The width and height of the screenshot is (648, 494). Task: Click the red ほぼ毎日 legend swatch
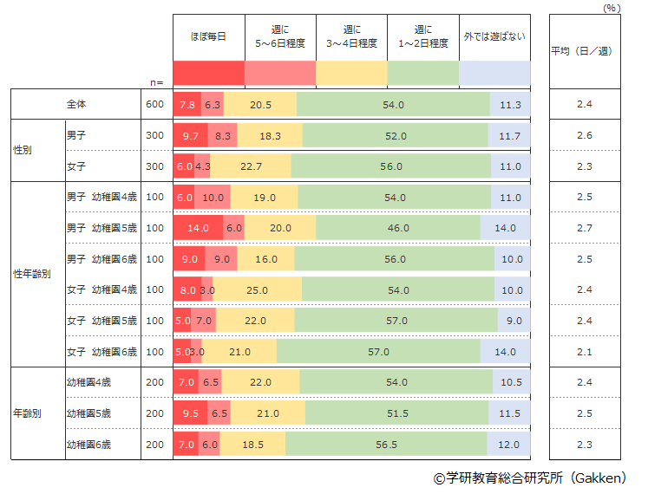pos(209,73)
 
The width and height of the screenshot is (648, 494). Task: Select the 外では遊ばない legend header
pos(494,37)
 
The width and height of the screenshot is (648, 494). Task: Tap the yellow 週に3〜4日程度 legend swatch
pos(351,73)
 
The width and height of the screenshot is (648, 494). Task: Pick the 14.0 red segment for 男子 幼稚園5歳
pos(198,228)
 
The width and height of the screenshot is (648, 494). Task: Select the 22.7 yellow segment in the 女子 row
pos(251,166)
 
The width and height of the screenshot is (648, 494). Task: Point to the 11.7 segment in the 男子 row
pos(510,136)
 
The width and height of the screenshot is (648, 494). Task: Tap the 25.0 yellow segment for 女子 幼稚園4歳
pos(258,289)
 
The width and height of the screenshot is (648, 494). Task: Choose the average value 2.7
pos(584,228)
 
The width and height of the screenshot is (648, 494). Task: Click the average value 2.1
pos(584,351)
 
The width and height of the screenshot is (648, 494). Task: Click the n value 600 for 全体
pos(154,105)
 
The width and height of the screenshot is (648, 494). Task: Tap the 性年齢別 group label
pos(33,274)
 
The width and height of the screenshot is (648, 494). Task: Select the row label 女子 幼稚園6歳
pos(101,351)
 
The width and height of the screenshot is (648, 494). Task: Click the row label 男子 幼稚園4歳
pos(101,198)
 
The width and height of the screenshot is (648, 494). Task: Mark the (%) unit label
pos(612,7)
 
